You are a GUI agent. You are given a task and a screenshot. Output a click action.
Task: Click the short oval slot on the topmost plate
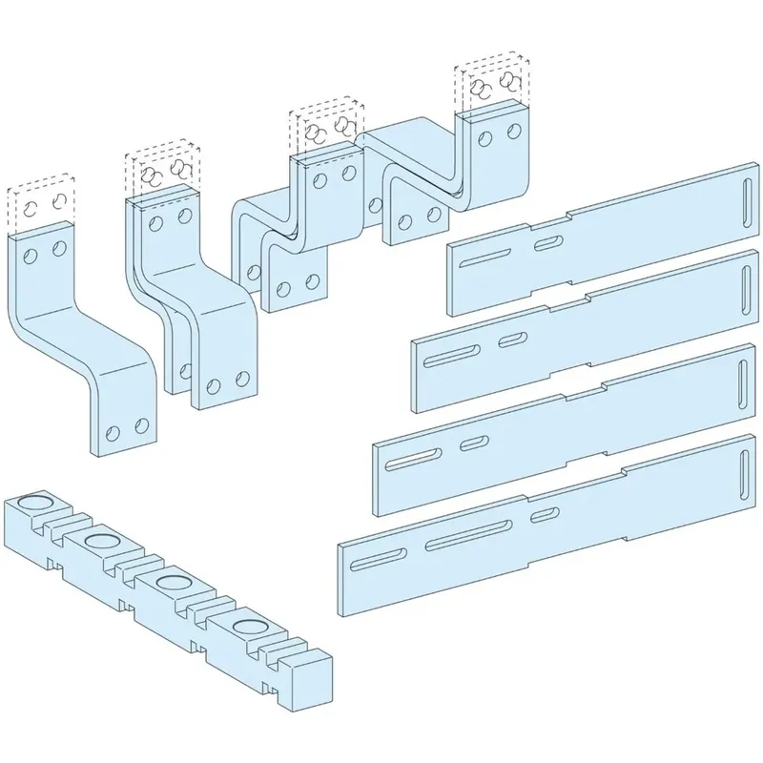point(546,245)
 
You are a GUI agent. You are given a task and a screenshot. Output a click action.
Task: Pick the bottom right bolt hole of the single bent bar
point(142,423)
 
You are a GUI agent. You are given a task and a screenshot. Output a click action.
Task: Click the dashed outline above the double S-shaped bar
point(160,172)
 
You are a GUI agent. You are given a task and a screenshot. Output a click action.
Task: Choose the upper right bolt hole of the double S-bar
point(179,218)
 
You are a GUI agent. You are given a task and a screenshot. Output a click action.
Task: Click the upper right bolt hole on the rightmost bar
point(515,132)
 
